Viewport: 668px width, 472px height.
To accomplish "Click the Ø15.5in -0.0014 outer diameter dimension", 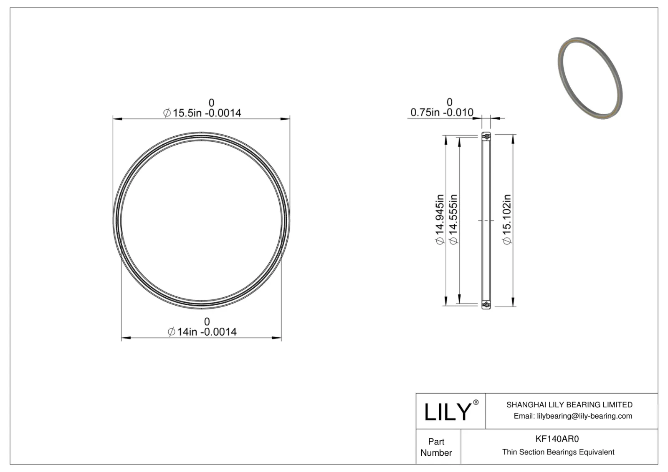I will [202, 113].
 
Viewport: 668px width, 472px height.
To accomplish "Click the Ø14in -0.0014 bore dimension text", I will [202, 332].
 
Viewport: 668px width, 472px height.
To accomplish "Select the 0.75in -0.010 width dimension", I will [442, 113].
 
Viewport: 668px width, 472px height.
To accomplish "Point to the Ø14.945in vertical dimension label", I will [440, 219].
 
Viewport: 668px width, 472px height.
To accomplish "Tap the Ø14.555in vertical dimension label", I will [453, 219].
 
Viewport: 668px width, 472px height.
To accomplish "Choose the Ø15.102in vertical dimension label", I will [506, 219].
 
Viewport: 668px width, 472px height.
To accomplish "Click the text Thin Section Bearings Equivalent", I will [558, 452].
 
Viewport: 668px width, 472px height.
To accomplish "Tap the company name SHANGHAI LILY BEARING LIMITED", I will [569, 404].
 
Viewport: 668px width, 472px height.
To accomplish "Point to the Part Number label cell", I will [436, 447].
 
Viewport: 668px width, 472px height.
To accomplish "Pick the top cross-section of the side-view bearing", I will [486, 136].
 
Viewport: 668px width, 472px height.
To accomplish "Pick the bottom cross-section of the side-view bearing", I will [486, 305].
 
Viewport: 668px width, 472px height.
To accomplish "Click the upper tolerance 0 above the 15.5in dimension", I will [211, 103].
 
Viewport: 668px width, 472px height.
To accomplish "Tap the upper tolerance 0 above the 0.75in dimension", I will [449, 102].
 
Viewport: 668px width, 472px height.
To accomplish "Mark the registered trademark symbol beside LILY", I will [476, 402].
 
